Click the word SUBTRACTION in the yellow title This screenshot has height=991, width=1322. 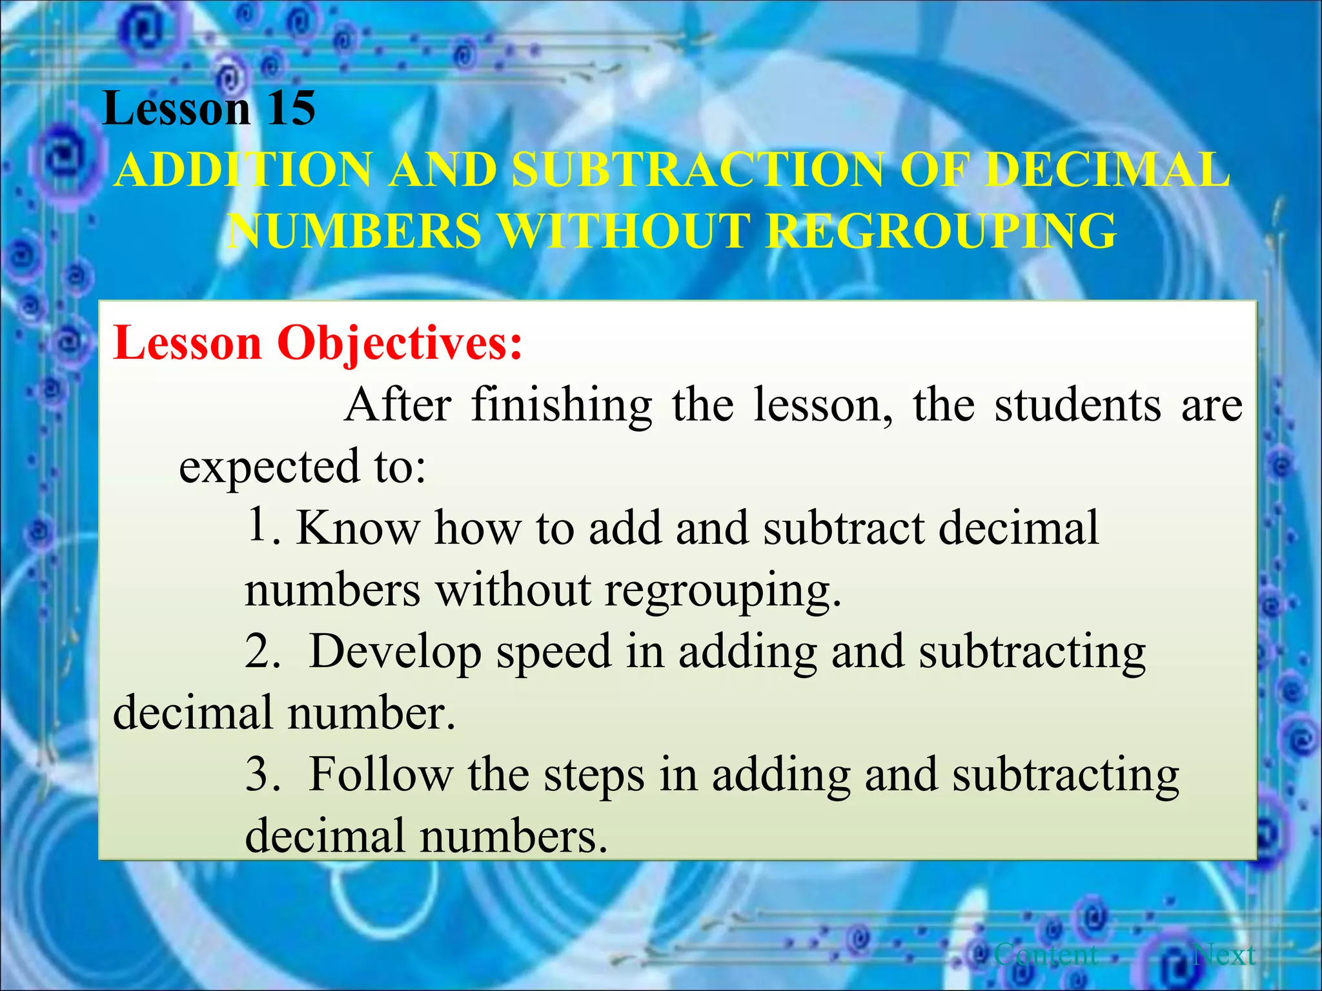[x=697, y=170]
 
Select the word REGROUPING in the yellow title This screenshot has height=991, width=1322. [x=943, y=231]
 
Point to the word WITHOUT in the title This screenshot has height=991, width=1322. [x=625, y=231]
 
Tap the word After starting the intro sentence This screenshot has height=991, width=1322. [x=398, y=405]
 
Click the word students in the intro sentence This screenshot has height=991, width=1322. [x=1078, y=405]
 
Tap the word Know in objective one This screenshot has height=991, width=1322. [x=358, y=528]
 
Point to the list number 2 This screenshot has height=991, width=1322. [x=261, y=652]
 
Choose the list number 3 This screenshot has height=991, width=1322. [x=261, y=774]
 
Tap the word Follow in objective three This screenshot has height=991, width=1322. [x=381, y=774]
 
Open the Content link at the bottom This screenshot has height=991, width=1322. [x=1046, y=954]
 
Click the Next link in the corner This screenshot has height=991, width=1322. [x=1224, y=954]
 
